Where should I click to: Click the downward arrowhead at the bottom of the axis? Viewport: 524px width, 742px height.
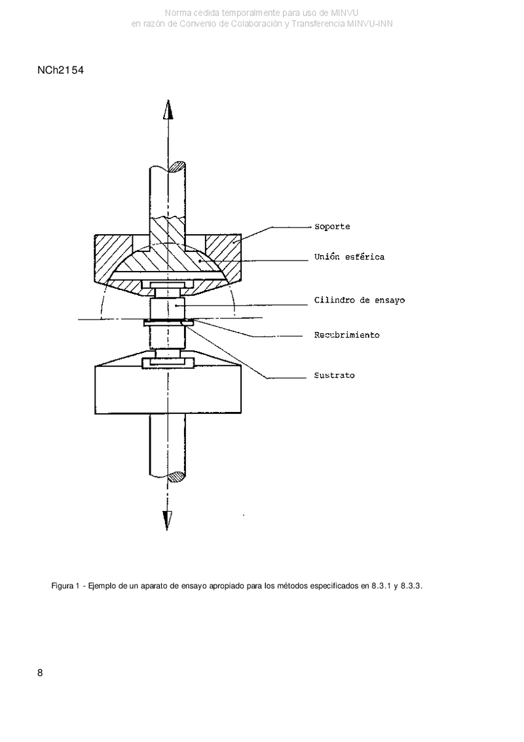click(167, 520)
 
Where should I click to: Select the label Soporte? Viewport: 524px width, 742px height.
click(332, 227)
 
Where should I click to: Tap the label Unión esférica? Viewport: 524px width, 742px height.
click(349, 257)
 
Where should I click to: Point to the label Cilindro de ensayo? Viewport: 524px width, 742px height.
click(360, 300)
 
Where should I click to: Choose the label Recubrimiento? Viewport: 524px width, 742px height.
click(346, 335)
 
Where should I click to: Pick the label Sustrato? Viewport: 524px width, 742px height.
click(335, 375)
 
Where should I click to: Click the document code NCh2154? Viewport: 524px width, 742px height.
click(60, 70)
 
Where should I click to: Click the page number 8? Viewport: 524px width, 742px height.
click(40, 672)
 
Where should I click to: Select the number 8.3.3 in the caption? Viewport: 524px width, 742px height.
click(411, 586)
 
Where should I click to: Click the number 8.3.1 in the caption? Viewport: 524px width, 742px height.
click(381, 586)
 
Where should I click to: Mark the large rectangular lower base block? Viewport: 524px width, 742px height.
click(168, 390)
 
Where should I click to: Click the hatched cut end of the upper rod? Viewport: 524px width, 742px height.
click(178, 167)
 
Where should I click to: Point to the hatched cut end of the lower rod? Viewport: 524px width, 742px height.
click(177, 476)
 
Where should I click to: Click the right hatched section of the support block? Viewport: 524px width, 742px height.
click(222, 256)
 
